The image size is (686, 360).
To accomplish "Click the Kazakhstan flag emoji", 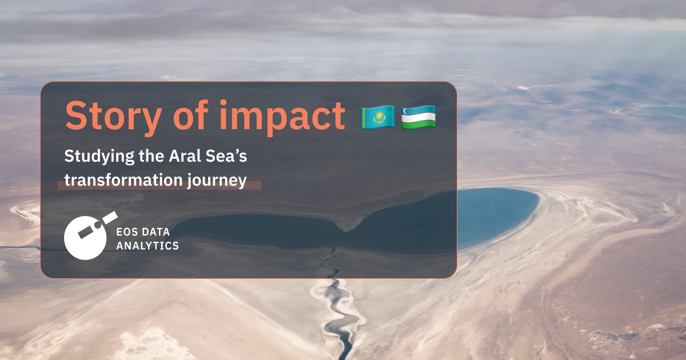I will (377, 117).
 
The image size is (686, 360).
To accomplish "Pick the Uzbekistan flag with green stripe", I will (418, 117).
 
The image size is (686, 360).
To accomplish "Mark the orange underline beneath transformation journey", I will (159, 185).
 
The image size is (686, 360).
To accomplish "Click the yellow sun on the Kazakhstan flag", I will (377, 116).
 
